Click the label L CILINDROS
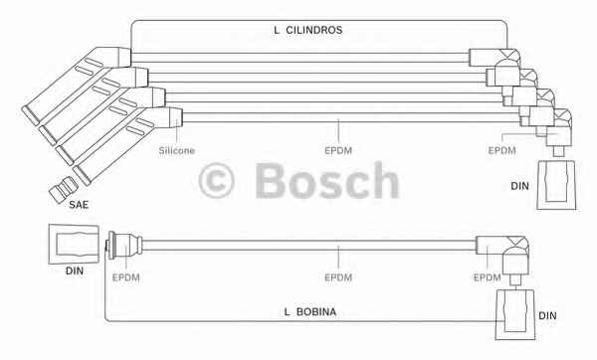308,30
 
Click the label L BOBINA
310,312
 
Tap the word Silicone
177,151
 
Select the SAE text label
79,205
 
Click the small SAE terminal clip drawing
64,189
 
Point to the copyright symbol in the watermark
216,181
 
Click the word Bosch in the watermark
327,180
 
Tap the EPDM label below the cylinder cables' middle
338,151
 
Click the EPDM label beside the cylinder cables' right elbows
501,151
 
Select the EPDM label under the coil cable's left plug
126,277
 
